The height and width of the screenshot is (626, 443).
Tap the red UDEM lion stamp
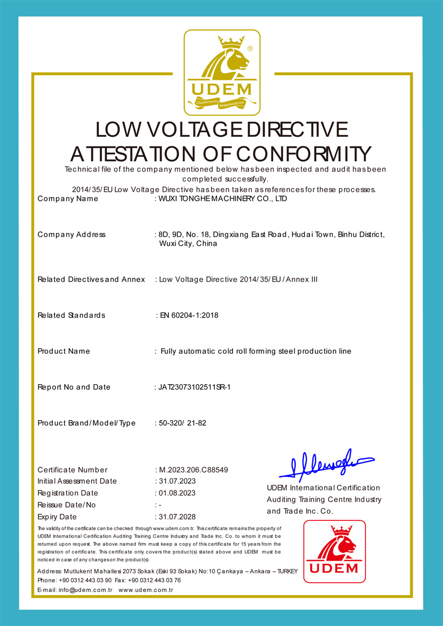(334, 551)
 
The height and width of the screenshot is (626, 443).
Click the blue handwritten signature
(326, 464)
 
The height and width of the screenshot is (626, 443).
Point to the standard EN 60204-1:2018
(189, 315)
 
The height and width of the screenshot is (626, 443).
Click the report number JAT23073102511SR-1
(194, 387)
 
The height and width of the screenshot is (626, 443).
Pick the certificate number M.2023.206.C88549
(193, 470)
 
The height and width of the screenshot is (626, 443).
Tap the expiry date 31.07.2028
(177, 517)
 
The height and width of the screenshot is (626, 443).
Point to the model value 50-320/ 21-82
(183, 423)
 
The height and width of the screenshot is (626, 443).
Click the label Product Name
(64, 351)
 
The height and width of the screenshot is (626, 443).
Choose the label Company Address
(71, 235)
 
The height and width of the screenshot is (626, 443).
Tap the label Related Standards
(71, 315)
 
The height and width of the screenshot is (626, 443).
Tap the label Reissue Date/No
(66, 505)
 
